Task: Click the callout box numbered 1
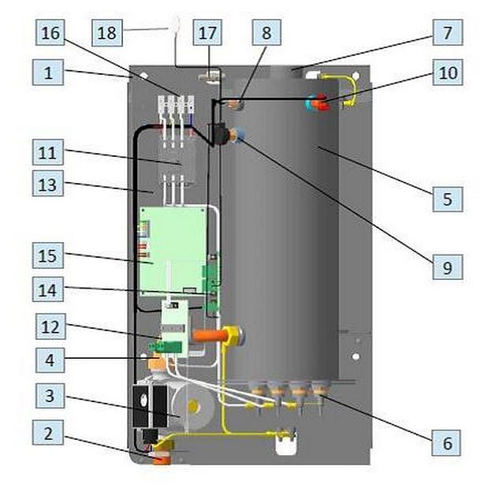click(48, 73)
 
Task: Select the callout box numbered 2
click(48, 433)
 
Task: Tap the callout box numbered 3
click(48, 396)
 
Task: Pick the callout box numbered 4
click(48, 361)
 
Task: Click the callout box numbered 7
click(447, 32)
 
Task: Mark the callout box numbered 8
click(266, 32)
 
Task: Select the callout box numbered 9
click(447, 267)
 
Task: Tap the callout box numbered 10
click(447, 73)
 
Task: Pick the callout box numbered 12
click(48, 325)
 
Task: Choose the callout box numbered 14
click(48, 289)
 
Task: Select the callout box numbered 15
click(48, 255)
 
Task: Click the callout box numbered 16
click(48, 32)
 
